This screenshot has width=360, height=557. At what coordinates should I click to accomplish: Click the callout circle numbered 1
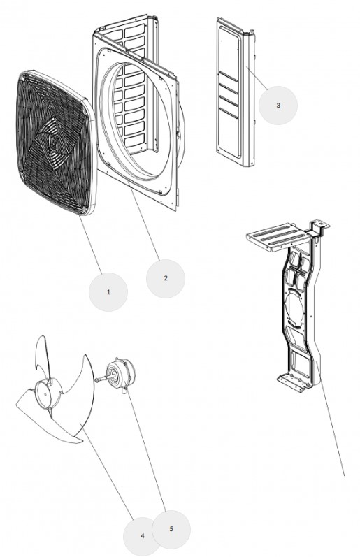pyautogui.click(x=108, y=292)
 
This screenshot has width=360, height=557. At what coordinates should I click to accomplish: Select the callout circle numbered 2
pyautogui.click(x=165, y=278)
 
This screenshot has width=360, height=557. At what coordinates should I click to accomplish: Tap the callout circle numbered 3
pyautogui.click(x=278, y=105)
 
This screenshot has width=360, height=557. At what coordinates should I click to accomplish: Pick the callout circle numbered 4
pyautogui.click(x=142, y=536)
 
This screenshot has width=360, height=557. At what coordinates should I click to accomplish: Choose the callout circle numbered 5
pyautogui.click(x=171, y=529)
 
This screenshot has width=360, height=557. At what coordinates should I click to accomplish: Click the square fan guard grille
pyautogui.click(x=56, y=143)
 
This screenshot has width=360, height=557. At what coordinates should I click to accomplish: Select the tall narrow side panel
pyautogui.click(x=236, y=92)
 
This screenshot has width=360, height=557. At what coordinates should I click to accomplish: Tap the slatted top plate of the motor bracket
pyautogui.click(x=272, y=237)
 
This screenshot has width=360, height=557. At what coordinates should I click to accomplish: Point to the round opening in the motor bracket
pyautogui.click(x=296, y=308)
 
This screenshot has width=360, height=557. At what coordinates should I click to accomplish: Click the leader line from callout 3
pyautogui.click(x=257, y=78)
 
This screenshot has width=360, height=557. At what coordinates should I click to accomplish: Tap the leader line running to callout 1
pyautogui.click(x=90, y=245)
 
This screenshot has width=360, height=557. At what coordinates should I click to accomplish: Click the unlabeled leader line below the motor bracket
pyautogui.click(x=330, y=419)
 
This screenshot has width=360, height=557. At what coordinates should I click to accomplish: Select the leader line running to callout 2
pyautogui.click(x=143, y=219)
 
